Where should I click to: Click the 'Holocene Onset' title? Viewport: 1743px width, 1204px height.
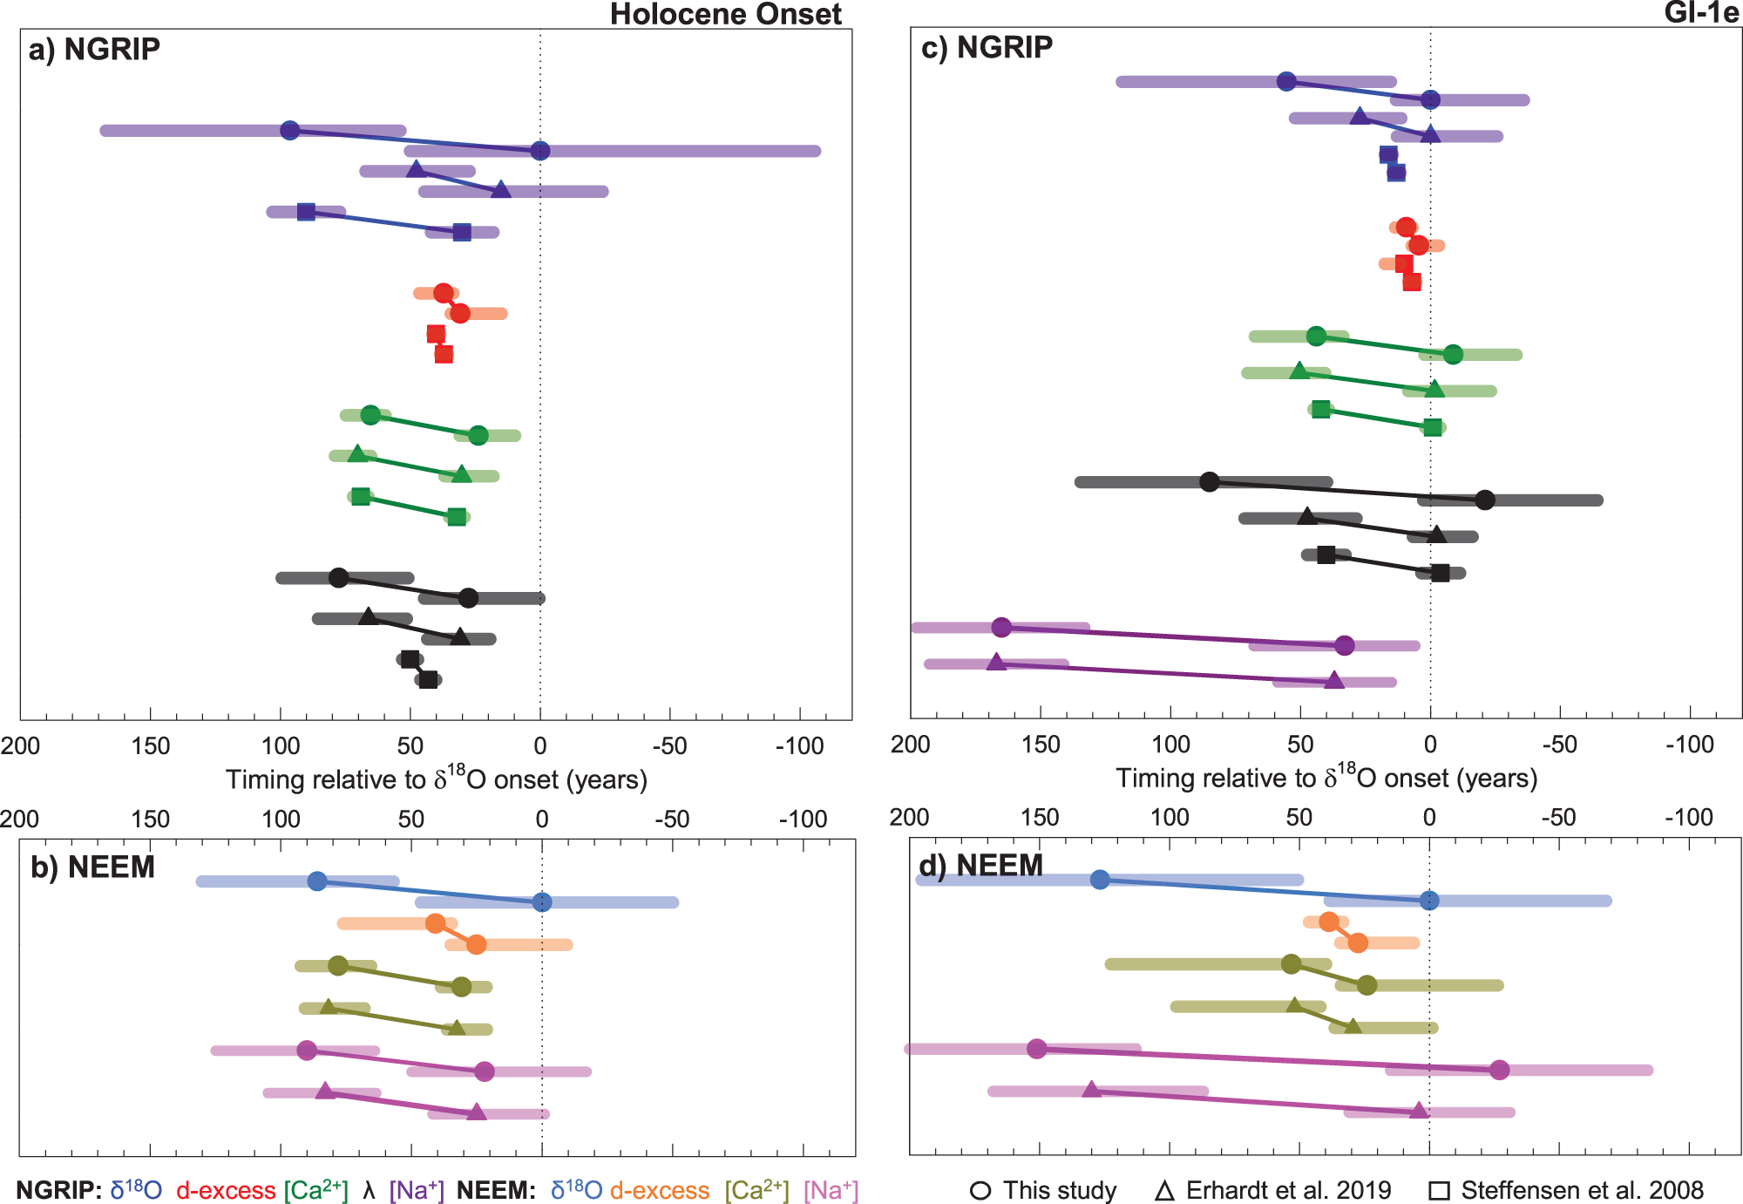click(725, 14)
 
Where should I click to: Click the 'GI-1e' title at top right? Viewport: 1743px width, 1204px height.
click(1700, 13)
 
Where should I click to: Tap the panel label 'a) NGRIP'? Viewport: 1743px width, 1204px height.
click(94, 50)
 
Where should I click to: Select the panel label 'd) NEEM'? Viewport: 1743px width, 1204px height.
click(980, 866)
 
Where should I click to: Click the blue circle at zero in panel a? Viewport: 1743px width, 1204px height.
click(540, 151)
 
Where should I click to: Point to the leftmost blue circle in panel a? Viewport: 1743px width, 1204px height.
click(290, 131)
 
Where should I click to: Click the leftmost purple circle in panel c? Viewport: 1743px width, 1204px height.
click(1002, 627)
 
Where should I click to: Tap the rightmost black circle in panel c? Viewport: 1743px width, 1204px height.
click(1486, 500)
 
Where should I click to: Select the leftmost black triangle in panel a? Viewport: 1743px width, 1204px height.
click(369, 616)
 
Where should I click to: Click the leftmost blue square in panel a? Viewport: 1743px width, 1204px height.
click(306, 212)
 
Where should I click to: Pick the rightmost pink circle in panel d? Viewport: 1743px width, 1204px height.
click(1499, 1070)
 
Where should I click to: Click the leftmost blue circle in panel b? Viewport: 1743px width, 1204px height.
click(318, 881)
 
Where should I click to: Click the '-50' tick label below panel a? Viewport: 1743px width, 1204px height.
click(669, 746)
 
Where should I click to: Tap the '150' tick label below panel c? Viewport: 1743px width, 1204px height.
click(1041, 745)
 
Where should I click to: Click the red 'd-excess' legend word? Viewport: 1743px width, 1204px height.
click(226, 1191)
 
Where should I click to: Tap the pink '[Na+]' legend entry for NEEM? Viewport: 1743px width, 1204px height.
click(831, 1191)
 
